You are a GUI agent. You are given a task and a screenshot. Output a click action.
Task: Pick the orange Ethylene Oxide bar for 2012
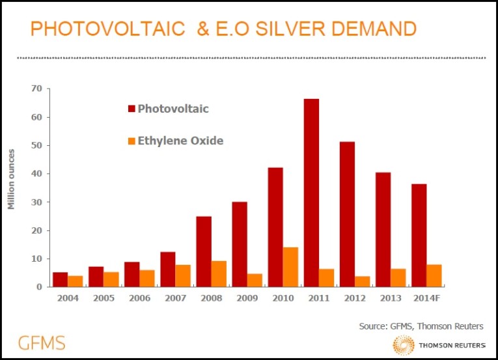coord(362,281)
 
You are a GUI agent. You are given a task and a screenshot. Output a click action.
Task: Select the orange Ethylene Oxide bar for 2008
coord(219,273)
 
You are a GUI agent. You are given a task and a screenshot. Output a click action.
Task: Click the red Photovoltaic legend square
coord(131,109)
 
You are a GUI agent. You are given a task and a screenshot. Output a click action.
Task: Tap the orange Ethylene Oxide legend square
coord(131,141)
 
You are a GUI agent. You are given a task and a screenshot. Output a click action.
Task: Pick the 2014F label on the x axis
coord(426,299)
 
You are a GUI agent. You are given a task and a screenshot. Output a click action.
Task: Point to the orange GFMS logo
coord(42,342)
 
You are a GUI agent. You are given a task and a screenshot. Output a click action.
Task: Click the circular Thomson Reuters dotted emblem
coord(404,344)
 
